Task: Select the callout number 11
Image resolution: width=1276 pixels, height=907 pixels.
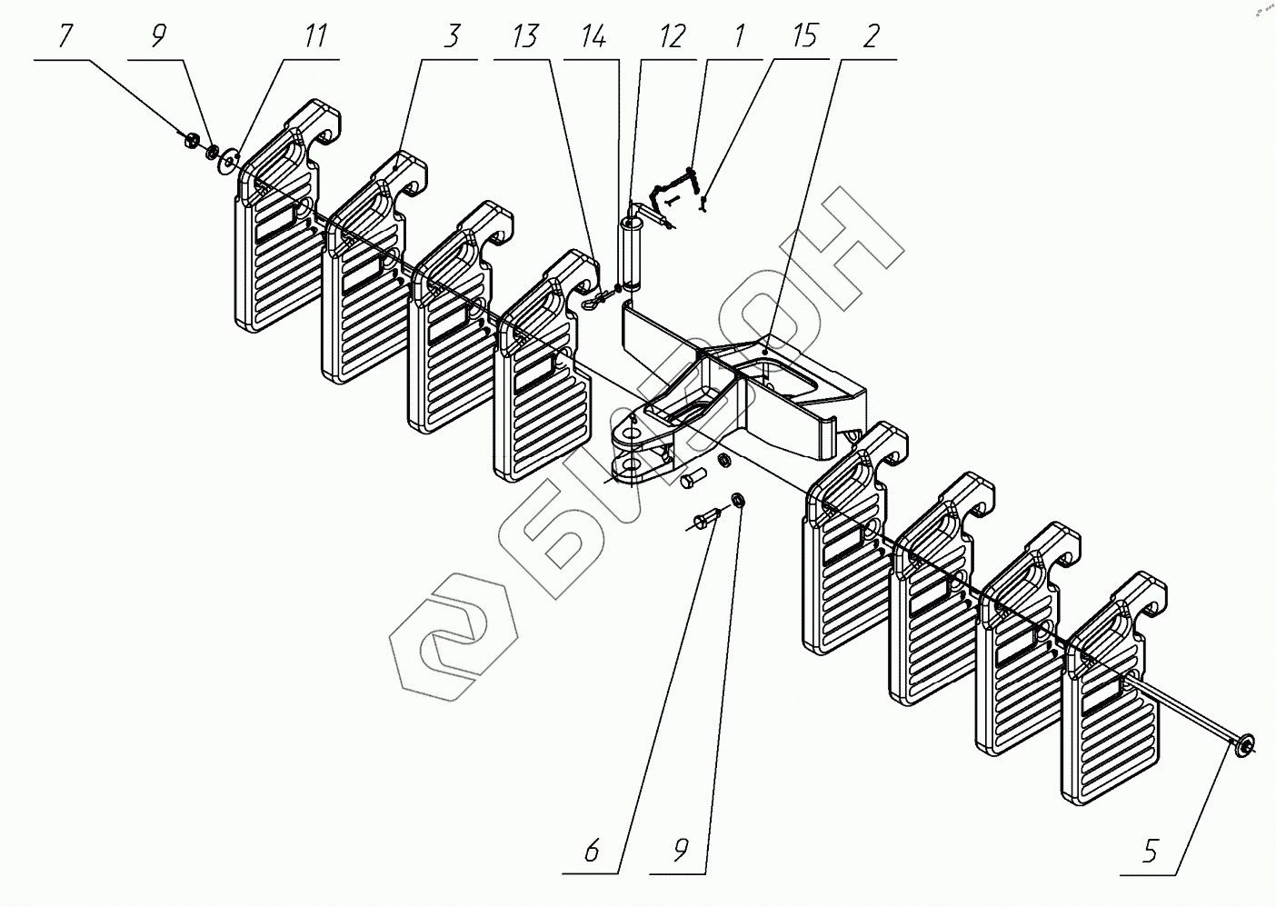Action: tap(315, 38)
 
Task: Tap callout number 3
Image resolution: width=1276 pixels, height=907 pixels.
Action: tap(452, 38)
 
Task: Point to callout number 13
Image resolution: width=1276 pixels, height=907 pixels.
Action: tap(524, 38)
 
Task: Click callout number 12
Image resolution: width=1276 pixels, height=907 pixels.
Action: tap(671, 38)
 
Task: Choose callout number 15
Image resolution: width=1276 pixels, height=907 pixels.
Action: tap(803, 38)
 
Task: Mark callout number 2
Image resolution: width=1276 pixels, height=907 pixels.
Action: tap(871, 38)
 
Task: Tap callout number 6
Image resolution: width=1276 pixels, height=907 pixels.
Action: tap(592, 852)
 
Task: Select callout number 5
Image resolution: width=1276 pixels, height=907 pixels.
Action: tap(1150, 852)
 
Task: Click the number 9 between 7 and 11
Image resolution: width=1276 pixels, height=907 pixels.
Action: tap(158, 38)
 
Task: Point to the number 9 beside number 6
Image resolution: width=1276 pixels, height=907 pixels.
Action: tap(681, 852)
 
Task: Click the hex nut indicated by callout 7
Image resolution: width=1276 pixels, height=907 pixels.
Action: tap(191, 140)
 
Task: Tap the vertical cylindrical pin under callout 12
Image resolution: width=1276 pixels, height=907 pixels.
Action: tap(630, 252)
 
